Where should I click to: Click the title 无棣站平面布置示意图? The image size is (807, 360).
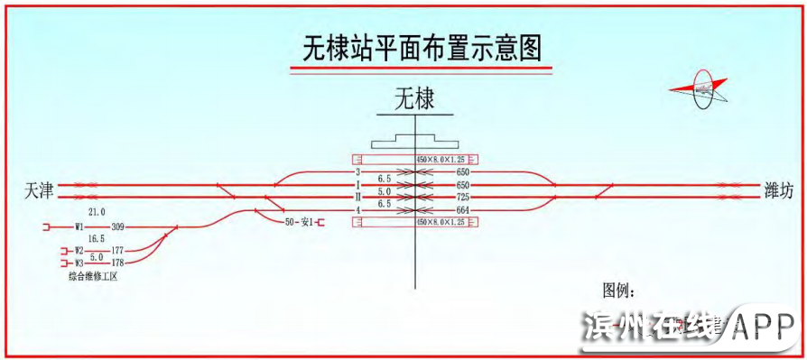421,46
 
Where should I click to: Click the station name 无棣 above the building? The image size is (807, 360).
414,98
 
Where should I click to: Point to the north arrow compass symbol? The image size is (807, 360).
704,88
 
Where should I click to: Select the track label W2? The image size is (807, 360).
79,250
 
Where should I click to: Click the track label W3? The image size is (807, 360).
79,263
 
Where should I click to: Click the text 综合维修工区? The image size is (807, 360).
94,277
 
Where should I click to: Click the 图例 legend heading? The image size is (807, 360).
619,291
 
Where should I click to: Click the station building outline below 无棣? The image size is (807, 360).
414,143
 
